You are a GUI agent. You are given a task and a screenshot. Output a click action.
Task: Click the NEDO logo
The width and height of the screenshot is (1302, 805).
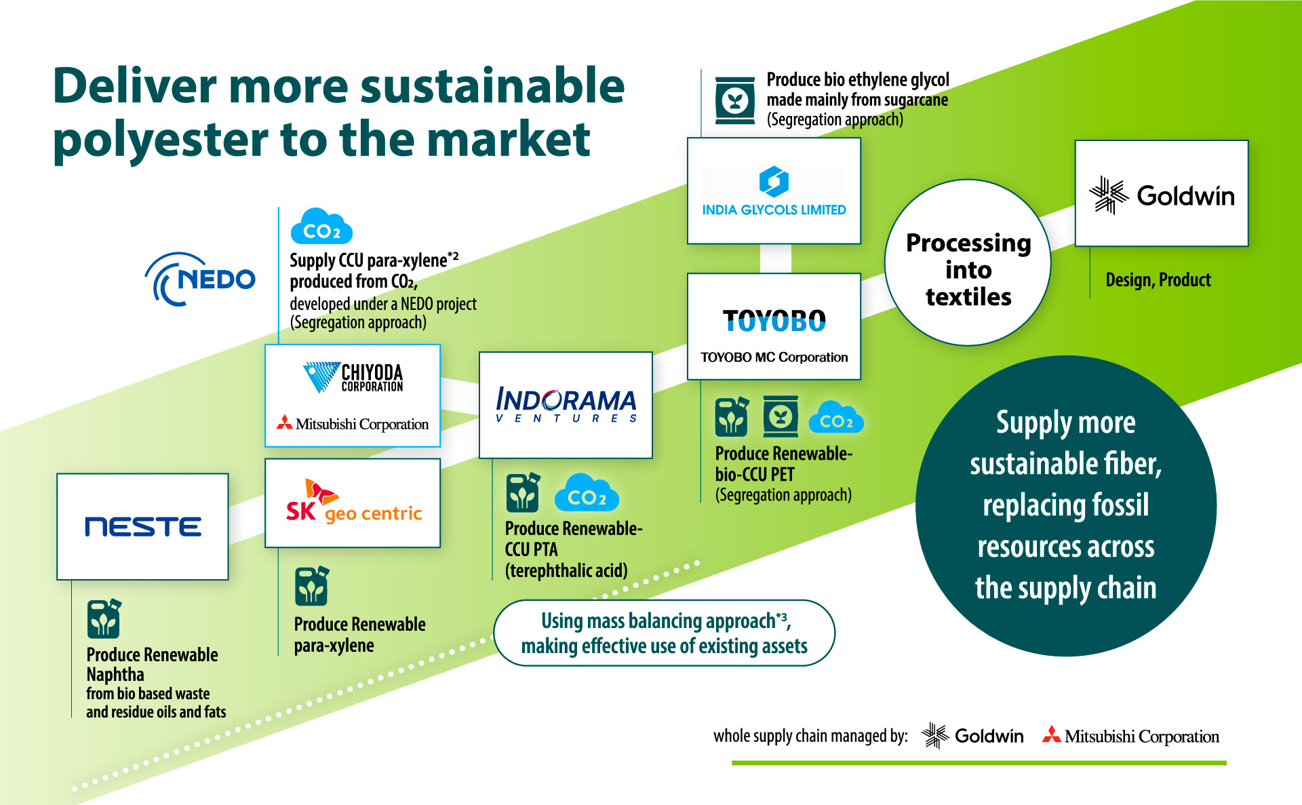pos(201,279)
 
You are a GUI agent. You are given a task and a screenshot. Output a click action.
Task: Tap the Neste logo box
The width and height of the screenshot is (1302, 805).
pos(142,526)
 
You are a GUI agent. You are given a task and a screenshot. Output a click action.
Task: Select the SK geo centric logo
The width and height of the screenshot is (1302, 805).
pos(353,503)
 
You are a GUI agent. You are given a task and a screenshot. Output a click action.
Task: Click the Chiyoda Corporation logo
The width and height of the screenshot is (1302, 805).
pos(353,377)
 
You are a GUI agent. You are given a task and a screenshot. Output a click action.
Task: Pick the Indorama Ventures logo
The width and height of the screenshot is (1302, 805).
pos(566,405)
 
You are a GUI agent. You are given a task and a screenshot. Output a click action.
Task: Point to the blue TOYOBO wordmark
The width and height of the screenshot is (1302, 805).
pos(774,321)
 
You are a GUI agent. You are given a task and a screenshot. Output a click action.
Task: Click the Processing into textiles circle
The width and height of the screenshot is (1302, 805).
pos(968,269)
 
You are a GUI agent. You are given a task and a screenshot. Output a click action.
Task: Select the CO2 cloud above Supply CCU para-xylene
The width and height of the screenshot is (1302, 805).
pos(321,227)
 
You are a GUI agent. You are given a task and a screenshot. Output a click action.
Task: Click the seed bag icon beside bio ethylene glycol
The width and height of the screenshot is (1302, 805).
pos(735,101)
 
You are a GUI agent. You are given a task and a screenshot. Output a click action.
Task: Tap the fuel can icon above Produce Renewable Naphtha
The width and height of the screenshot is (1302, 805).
pos(104,619)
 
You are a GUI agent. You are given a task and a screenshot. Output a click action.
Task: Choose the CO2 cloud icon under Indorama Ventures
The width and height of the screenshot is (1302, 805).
pos(587,494)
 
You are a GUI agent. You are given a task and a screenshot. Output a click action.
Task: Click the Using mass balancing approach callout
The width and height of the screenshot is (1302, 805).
pos(664,633)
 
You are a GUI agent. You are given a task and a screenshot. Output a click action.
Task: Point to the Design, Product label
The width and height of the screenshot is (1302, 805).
pos(1158,279)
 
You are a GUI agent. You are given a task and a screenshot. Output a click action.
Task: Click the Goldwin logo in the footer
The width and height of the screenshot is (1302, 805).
pos(972,735)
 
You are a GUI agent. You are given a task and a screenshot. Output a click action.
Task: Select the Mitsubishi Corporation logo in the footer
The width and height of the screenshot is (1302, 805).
pos(1130,736)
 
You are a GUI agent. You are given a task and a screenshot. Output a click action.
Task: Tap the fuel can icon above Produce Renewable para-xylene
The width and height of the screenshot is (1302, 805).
pos(311,586)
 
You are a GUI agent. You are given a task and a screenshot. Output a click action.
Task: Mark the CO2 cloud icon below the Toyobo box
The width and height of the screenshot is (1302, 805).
pos(836,418)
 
